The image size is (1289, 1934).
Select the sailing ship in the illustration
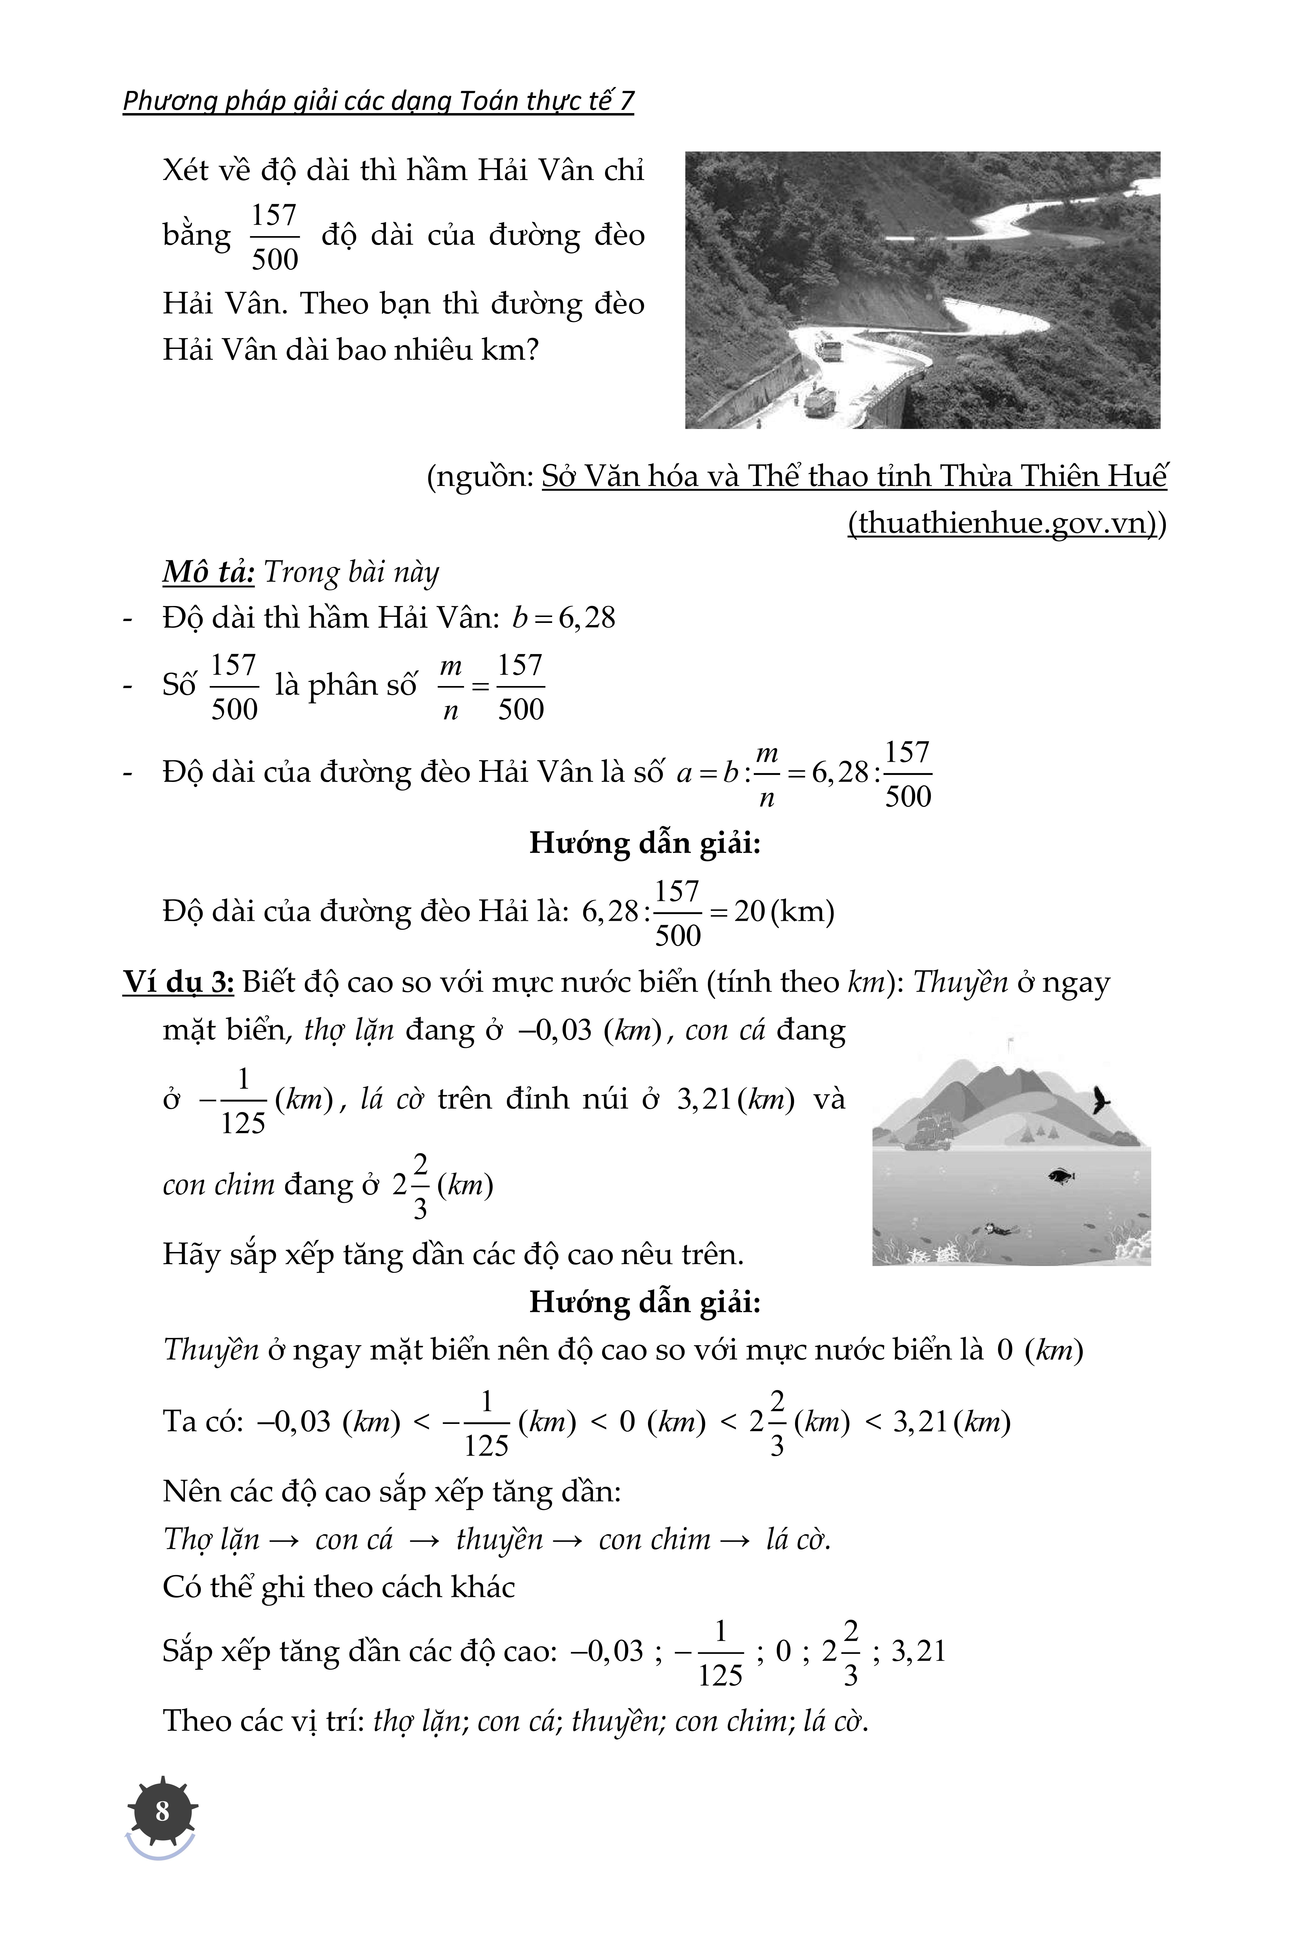(929, 1129)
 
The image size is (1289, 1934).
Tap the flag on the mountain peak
(1010, 1044)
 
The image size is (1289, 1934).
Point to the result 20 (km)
(783, 911)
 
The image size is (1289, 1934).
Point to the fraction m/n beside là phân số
(451, 687)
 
